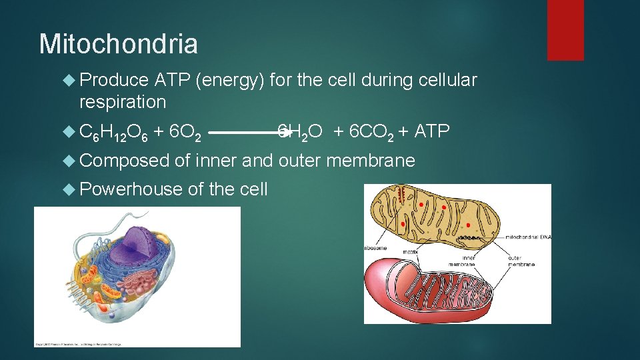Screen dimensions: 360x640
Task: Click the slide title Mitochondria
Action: pos(119,44)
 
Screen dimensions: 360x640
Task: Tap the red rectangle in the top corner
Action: pos(565,30)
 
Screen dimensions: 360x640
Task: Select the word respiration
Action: pos(123,102)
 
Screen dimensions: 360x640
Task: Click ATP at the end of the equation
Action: pos(432,131)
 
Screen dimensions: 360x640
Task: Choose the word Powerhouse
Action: pos(131,189)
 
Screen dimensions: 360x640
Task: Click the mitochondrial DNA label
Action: pos(527,237)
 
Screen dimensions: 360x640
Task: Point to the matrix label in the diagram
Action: pos(410,251)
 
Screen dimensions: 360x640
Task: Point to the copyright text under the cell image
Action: pos(80,344)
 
